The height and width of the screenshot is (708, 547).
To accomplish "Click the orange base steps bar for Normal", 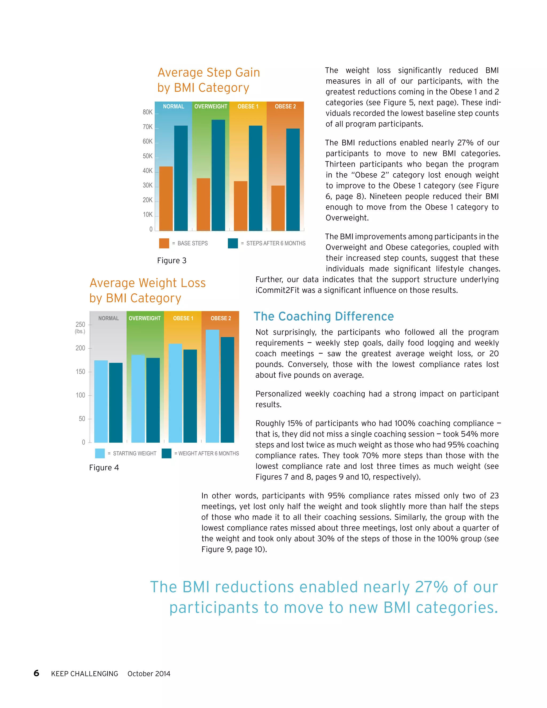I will [x=166, y=199].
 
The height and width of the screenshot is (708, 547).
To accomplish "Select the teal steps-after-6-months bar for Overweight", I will [x=218, y=175].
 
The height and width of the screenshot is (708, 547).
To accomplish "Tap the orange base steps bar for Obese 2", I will [x=278, y=208].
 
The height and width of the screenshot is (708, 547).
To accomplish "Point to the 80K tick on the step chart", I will [x=148, y=112].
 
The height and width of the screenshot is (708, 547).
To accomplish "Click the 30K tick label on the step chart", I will [x=148, y=185].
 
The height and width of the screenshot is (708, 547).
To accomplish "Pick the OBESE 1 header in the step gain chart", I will [x=248, y=106].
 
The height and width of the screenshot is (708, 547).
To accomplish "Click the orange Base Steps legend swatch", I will [x=164, y=243].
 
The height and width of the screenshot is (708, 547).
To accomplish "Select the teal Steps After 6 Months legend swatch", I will [x=233, y=243].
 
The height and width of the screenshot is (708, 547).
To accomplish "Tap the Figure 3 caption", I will [x=172, y=261].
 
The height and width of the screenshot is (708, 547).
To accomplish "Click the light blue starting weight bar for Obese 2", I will [x=213, y=386].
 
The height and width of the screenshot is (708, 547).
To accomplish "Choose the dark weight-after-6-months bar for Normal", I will [x=116, y=403].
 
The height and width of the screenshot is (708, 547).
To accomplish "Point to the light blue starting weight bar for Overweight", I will [x=138, y=398].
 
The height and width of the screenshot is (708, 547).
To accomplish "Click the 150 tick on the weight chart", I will [x=80, y=372].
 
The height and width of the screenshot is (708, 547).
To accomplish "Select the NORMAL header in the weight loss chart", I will [x=108, y=318].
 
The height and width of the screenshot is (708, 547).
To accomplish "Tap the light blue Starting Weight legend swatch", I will [x=100, y=453].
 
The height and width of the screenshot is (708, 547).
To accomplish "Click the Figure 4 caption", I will [x=104, y=468].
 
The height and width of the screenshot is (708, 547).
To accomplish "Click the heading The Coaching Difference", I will [x=323, y=316].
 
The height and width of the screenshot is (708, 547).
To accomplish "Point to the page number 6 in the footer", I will [x=36, y=673].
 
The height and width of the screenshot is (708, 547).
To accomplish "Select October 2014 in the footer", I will [x=149, y=674].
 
